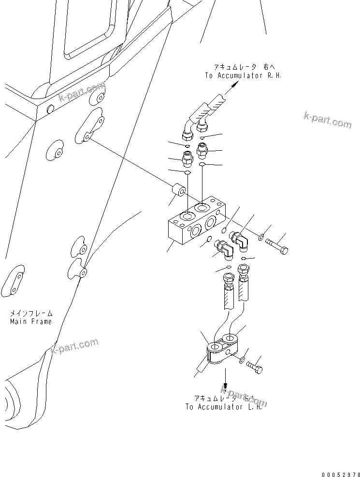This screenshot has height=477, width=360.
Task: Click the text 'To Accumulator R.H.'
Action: (243, 75)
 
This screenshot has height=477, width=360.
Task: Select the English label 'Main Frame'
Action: (30, 321)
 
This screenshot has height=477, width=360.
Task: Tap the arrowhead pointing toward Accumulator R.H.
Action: (234, 85)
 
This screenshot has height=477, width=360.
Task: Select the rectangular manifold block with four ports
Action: (193, 224)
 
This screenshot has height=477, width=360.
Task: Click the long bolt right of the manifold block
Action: (277, 245)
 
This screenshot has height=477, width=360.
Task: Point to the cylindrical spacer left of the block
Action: (179, 191)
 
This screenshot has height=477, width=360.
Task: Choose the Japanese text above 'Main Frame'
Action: (30, 313)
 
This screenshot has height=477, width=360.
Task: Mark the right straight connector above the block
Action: (203, 151)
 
